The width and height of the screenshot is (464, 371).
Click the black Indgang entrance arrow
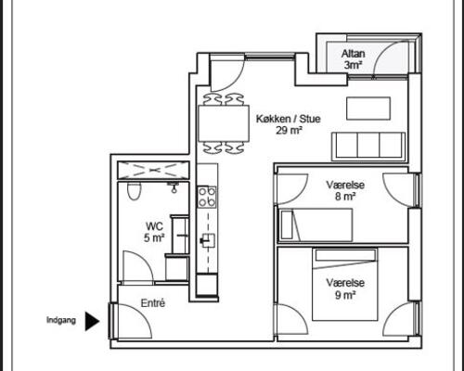pyautogui.click(x=92, y=321)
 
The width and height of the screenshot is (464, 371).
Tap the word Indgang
pyautogui.click(x=61, y=320)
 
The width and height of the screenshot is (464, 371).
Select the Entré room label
pyautogui.click(x=153, y=303)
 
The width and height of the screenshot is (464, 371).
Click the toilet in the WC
pyautogui.click(x=135, y=191)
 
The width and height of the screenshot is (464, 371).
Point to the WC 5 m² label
pyautogui.click(x=154, y=232)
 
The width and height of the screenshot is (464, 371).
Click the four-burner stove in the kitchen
pyautogui.click(x=207, y=197)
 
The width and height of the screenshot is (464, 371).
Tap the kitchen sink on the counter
pyautogui.click(x=208, y=240)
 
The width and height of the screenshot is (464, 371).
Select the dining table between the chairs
pyautogui.click(x=224, y=123)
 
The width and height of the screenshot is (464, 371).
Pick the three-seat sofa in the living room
pyautogui.click(x=368, y=147)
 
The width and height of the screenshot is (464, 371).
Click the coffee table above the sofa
pyautogui.click(x=368, y=109)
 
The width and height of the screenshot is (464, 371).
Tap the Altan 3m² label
pyautogui.click(x=353, y=59)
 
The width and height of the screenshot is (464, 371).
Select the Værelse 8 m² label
pyautogui.click(x=345, y=190)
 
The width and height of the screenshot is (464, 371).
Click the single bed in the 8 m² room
pyautogui.click(x=316, y=224)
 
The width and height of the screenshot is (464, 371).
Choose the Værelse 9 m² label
pyautogui.click(x=345, y=288)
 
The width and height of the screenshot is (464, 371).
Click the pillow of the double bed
pyautogui.click(x=345, y=255)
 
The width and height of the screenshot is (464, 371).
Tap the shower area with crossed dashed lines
pyautogui.click(x=153, y=170)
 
